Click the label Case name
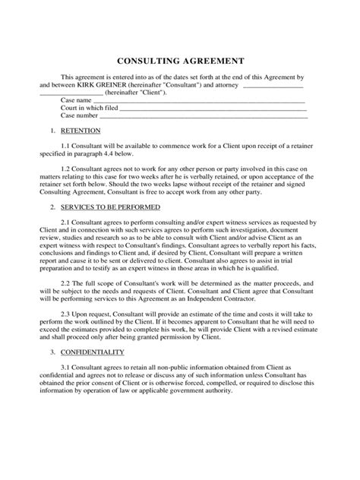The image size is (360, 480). pos(75,99)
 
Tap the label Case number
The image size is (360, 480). pos(78,116)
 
